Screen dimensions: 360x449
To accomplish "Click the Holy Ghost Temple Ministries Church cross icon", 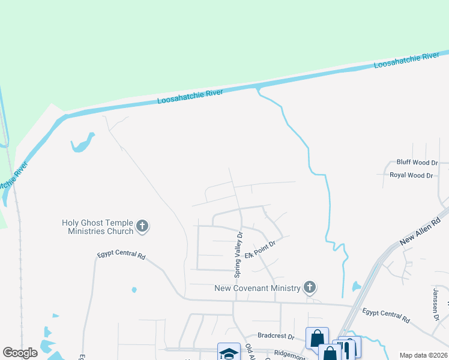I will point(142,226).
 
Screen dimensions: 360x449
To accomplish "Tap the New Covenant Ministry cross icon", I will point(310,287).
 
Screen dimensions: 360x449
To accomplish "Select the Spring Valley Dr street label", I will point(238,256).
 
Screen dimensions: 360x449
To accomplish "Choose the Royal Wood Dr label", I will point(411,175).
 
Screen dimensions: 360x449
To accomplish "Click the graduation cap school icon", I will point(229,353).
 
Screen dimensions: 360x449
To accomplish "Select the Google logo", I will point(20,353).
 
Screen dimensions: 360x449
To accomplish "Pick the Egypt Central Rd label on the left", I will point(121,256).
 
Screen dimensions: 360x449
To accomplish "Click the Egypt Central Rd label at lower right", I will point(386,315).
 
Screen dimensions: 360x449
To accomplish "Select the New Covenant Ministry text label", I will point(258,289).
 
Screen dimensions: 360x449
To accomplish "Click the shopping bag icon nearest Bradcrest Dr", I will point(317,338).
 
